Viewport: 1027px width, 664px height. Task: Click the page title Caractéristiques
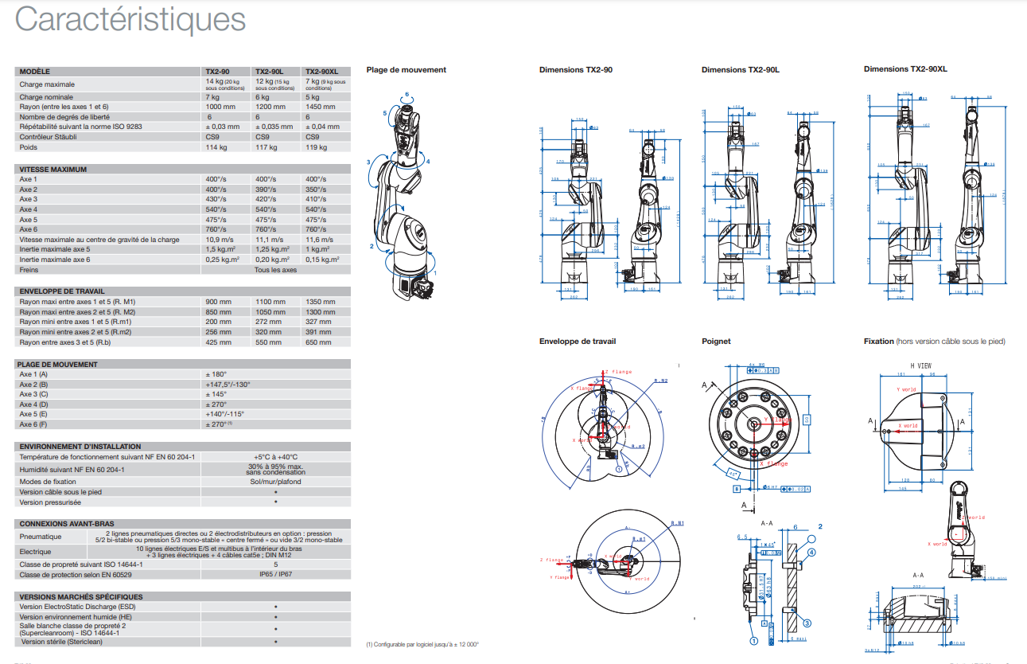[130, 20]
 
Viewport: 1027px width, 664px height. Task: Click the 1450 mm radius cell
[321, 107]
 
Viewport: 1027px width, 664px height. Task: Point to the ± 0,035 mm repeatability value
[271, 127]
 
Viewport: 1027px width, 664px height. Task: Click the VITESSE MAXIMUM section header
[53, 170]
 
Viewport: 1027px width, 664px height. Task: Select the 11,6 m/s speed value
[320, 240]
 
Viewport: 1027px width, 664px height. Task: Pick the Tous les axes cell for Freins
[275, 270]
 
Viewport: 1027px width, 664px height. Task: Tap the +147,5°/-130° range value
[228, 385]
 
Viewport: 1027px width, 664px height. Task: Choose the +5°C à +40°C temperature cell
[275, 457]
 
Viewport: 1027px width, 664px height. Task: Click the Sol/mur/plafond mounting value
[275, 482]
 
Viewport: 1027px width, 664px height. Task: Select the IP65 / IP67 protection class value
[275, 574]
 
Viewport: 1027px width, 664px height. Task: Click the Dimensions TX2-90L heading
[740, 70]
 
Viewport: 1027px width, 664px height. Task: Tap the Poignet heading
[716, 342]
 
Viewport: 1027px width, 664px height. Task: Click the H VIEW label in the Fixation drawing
[921, 365]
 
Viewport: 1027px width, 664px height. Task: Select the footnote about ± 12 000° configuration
[422, 644]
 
